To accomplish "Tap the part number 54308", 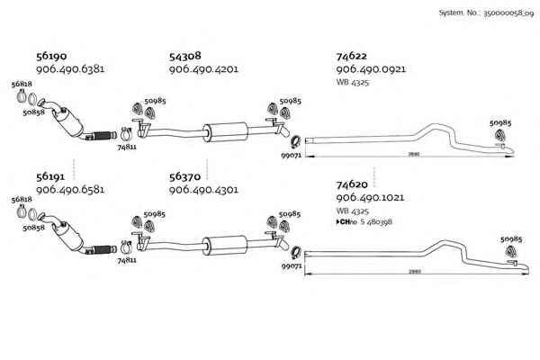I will [x=184, y=56].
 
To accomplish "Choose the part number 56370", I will [x=184, y=177].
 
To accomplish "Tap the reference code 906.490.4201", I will [x=203, y=69].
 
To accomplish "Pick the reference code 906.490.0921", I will [x=370, y=69].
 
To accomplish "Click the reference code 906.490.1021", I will [x=370, y=197].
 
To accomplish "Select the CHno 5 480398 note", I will [x=368, y=221].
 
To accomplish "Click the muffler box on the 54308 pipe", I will [x=220, y=131].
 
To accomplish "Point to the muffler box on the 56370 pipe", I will [x=220, y=244].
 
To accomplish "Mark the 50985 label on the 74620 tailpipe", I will [x=510, y=239].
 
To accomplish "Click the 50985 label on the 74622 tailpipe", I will [x=500, y=122].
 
